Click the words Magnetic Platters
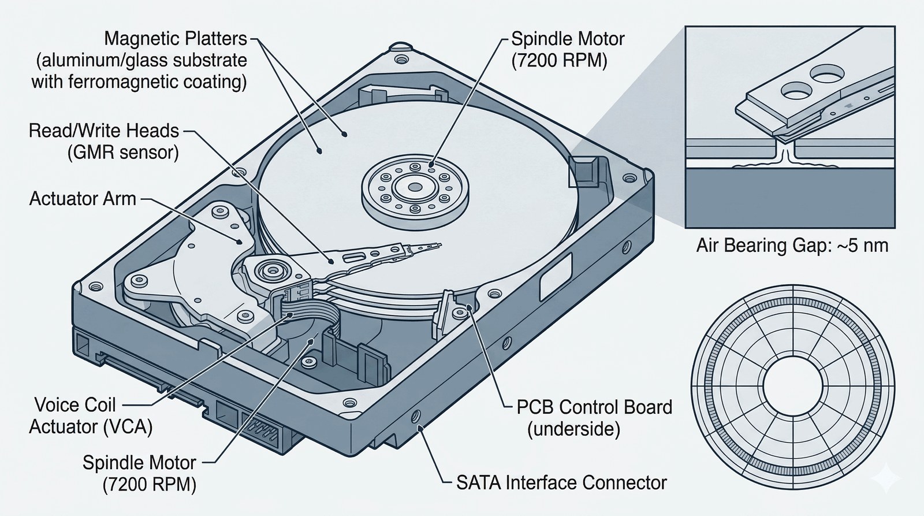(x=176, y=39)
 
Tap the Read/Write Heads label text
(x=104, y=131)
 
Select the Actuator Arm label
(x=83, y=199)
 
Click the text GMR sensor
(x=122, y=153)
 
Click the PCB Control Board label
(x=594, y=407)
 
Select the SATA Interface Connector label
(x=561, y=482)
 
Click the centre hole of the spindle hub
(x=415, y=187)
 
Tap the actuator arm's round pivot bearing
(x=269, y=269)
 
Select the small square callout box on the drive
(x=580, y=170)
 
